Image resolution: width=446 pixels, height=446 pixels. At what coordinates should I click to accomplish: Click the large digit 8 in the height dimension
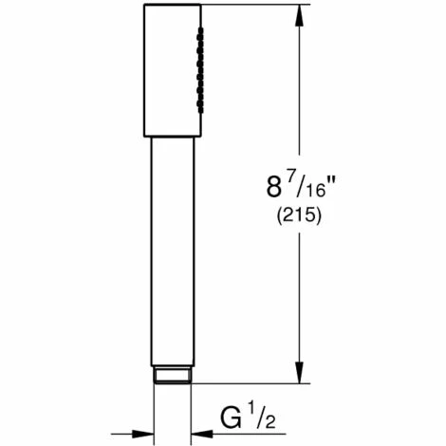click(273, 186)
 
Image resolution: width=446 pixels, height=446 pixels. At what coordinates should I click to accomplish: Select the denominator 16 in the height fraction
click(316, 191)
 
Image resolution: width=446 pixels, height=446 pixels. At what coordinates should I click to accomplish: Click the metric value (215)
click(299, 216)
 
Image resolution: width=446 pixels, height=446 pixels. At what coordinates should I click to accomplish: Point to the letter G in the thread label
click(232, 418)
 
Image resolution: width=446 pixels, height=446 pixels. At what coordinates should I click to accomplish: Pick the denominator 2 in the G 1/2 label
click(269, 422)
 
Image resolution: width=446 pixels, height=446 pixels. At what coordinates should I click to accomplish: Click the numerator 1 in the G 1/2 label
click(251, 413)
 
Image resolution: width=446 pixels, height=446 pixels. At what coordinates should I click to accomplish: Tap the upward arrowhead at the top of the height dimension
click(299, 15)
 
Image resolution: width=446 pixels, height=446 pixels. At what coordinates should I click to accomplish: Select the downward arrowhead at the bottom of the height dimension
click(299, 373)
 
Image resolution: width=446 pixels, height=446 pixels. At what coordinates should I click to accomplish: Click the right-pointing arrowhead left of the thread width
click(143, 434)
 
